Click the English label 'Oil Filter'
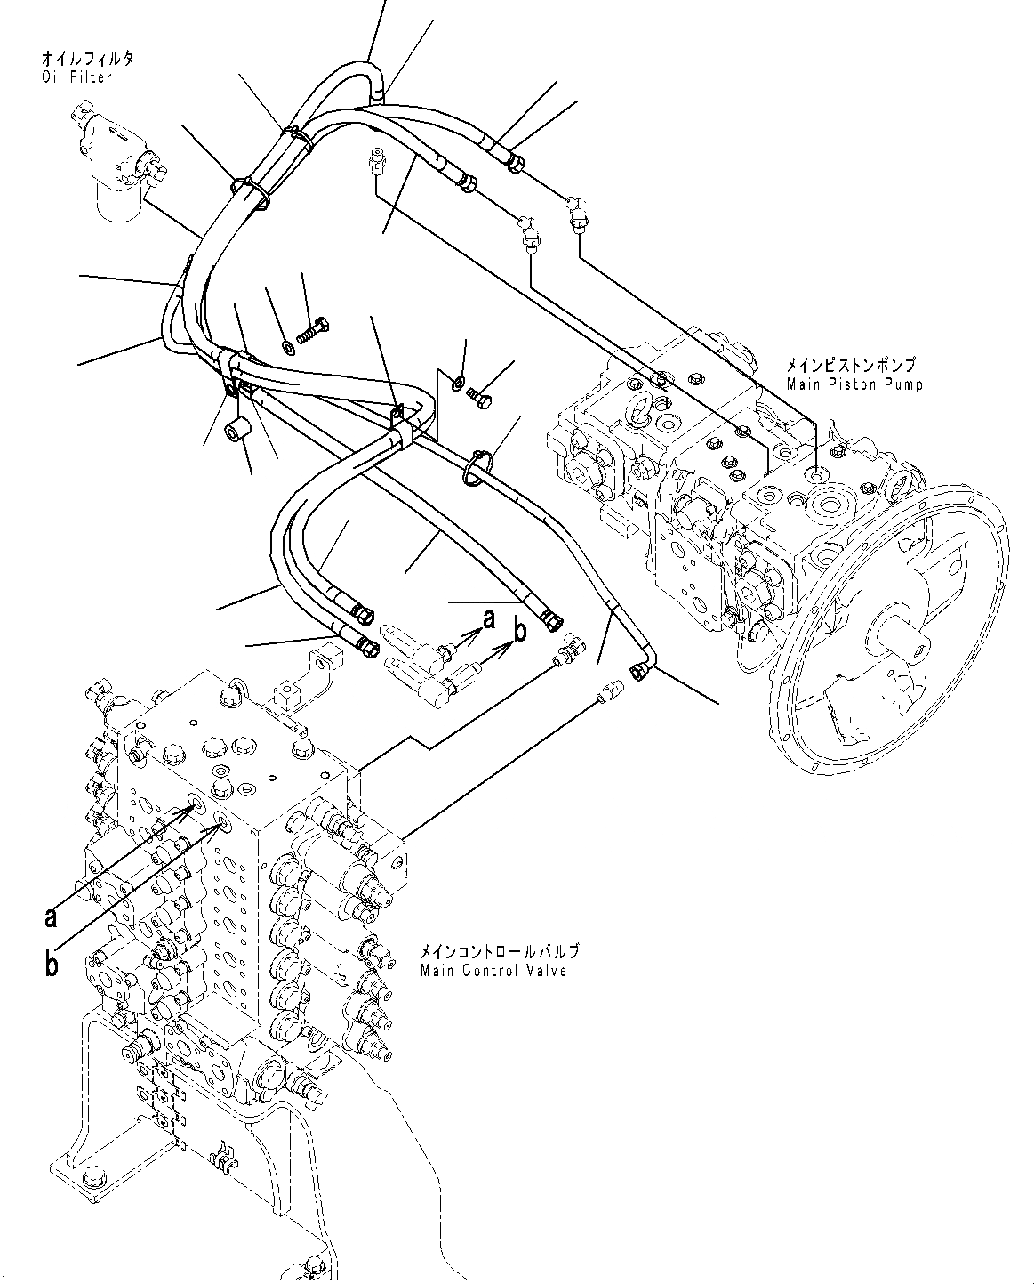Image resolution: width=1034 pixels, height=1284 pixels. point(77,77)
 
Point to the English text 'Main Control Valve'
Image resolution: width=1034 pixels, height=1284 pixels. point(493,970)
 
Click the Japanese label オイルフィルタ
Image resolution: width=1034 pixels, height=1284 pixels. point(87,60)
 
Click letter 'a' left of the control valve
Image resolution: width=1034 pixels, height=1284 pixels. point(52,917)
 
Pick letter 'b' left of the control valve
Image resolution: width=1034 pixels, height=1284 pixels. point(52,965)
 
